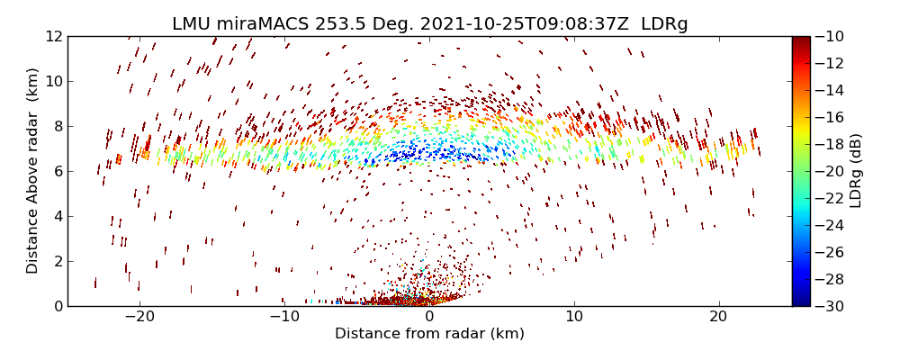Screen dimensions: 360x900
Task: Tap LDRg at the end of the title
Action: point(664,24)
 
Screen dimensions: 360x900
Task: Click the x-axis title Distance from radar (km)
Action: point(429,334)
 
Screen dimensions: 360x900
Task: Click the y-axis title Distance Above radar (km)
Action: point(33,170)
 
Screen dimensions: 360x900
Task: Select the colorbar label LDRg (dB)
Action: point(856,170)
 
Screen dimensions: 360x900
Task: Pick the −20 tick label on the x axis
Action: point(139,317)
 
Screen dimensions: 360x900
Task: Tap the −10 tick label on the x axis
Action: point(284,317)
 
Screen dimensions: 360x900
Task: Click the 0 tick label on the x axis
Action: point(429,317)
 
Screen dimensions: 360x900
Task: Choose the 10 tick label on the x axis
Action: point(574,317)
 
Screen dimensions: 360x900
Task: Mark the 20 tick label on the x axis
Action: point(718,317)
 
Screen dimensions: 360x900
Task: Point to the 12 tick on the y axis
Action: point(53,37)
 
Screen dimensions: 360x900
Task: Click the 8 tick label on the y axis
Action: point(58,126)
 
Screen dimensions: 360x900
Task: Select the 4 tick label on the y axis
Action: point(58,216)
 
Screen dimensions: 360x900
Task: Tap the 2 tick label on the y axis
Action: point(58,261)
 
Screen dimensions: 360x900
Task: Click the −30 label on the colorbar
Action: point(828,306)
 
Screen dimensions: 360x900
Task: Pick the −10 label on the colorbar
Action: point(828,37)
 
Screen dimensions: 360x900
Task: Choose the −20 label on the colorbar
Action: point(828,171)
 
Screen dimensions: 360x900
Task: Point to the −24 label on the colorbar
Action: point(828,225)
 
